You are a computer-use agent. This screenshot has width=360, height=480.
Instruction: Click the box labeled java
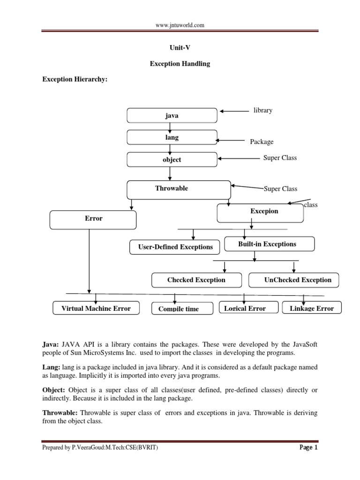(172, 115)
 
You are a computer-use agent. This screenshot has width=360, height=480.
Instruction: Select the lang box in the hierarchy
(172, 137)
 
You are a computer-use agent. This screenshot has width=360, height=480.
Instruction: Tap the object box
(172, 159)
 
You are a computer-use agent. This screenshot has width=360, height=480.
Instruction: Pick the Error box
(93, 219)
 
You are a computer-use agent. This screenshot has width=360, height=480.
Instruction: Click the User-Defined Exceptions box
(172, 247)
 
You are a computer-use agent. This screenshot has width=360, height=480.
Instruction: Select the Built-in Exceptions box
(270, 244)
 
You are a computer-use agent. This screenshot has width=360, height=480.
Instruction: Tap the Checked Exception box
(196, 280)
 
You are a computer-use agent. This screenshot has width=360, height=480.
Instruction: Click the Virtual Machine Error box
(96, 308)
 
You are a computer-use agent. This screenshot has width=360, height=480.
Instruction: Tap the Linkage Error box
(312, 308)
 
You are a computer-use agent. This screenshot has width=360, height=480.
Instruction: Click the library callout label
(262, 111)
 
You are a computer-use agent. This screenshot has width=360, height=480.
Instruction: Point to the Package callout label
(262, 142)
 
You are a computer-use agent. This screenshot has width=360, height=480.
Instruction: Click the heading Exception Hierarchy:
(75, 80)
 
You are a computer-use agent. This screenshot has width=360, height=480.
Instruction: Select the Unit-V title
(180, 48)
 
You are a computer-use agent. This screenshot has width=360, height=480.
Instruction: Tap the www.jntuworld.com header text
(180, 25)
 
